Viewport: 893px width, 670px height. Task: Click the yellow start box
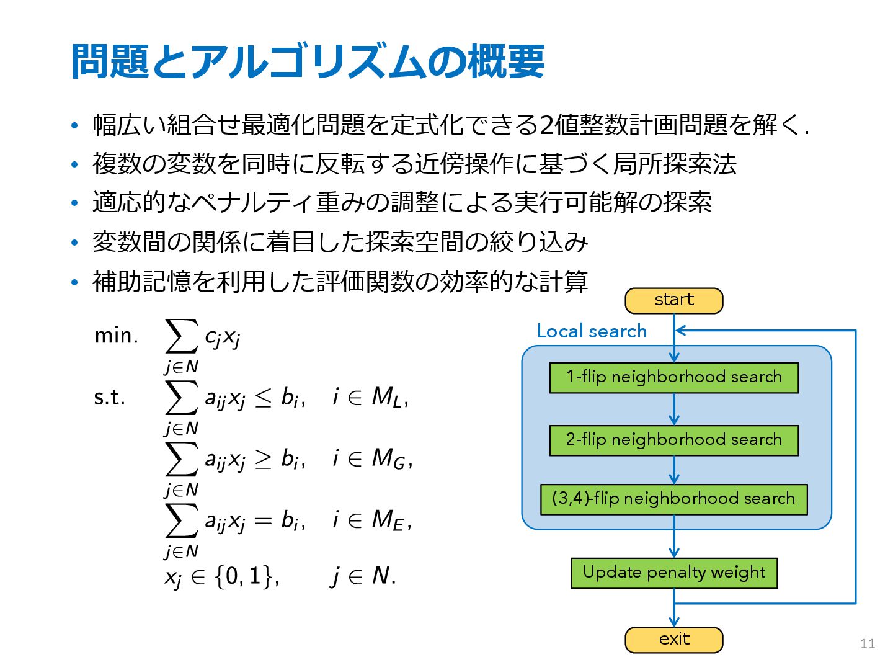click(x=674, y=301)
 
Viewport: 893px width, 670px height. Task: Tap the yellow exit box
click(x=674, y=640)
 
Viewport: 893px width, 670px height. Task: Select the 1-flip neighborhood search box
click(x=674, y=378)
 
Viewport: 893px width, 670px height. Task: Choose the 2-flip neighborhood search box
click(x=674, y=440)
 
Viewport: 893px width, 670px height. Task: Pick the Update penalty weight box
click(x=674, y=573)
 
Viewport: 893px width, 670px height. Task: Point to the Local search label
click(x=592, y=331)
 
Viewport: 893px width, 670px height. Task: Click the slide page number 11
click(x=868, y=644)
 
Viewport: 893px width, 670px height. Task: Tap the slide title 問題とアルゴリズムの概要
click(x=308, y=61)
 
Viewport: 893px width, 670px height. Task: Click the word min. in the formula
click(x=116, y=336)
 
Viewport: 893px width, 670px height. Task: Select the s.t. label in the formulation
click(x=109, y=397)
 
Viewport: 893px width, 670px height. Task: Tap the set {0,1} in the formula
click(x=245, y=576)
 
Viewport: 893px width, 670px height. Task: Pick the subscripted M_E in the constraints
click(x=389, y=520)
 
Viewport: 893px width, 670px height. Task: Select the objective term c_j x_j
click(x=222, y=337)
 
